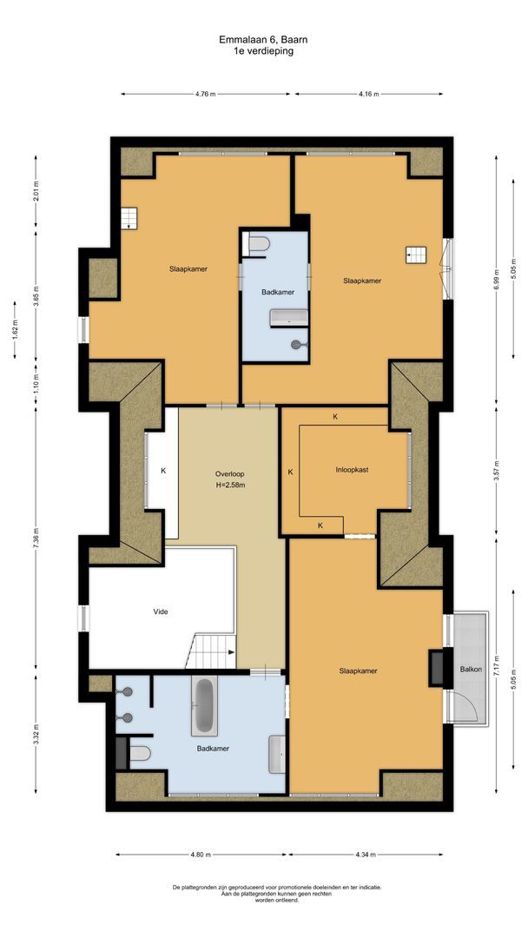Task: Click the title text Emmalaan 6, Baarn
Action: pos(263,39)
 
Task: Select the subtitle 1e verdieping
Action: pos(263,51)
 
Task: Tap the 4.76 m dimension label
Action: pos(206,94)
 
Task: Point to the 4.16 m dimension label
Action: pos(368,94)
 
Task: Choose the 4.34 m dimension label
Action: pos(366,855)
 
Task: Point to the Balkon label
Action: pos(469,670)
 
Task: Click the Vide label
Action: pos(160,611)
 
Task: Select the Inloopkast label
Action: pos(353,469)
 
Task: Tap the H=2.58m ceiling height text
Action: pos(230,486)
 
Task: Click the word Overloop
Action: pos(230,473)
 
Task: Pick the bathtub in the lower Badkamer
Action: pos(205,705)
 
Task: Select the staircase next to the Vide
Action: pos(211,651)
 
